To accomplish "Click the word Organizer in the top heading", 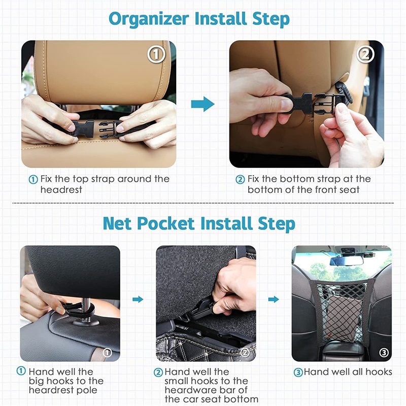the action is coord(149,19).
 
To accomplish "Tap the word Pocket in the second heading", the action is coord(166,223).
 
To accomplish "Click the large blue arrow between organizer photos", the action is coord(202,104).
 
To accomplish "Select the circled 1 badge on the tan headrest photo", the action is coord(156,54).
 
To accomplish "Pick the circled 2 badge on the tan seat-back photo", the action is coord(365,54).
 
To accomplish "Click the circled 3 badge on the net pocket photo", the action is coord(384,352).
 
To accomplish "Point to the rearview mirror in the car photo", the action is coord(347,261).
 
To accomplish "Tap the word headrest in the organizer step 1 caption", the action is coord(61,190).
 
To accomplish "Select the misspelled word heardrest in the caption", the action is coord(63,390).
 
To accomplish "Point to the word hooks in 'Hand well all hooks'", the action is coord(379,372).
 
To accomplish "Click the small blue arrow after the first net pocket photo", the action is coord(138,299).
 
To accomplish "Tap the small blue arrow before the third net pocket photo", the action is coord(274,299).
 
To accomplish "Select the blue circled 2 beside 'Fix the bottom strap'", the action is coord(240,180).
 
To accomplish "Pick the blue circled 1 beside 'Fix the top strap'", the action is coord(33,180).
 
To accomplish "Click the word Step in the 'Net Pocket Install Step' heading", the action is coord(277,224).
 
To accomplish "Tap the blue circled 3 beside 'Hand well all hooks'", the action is coord(298,373).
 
